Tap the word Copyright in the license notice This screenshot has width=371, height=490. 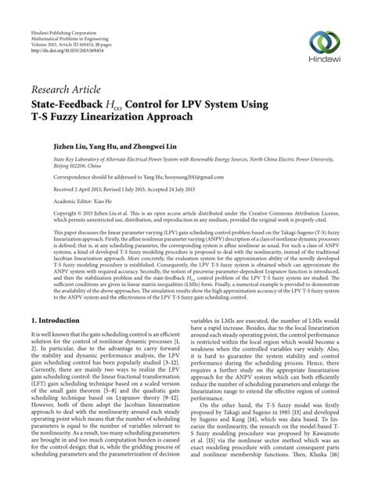[x=45, y=212]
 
